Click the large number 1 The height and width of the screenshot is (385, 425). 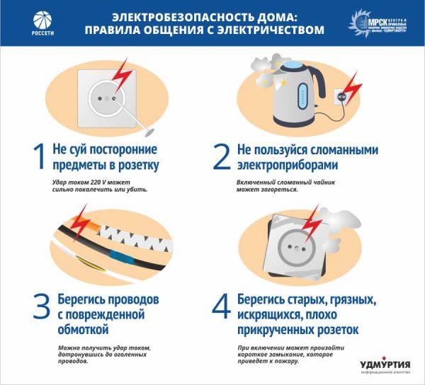coord(40,159)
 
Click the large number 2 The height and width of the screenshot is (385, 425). coord(222,159)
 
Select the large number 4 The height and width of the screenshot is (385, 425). coord(222,306)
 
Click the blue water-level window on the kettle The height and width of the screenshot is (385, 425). coord(305,96)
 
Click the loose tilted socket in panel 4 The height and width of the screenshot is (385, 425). coord(293,247)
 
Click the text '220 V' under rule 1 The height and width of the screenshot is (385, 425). coord(93,182)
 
